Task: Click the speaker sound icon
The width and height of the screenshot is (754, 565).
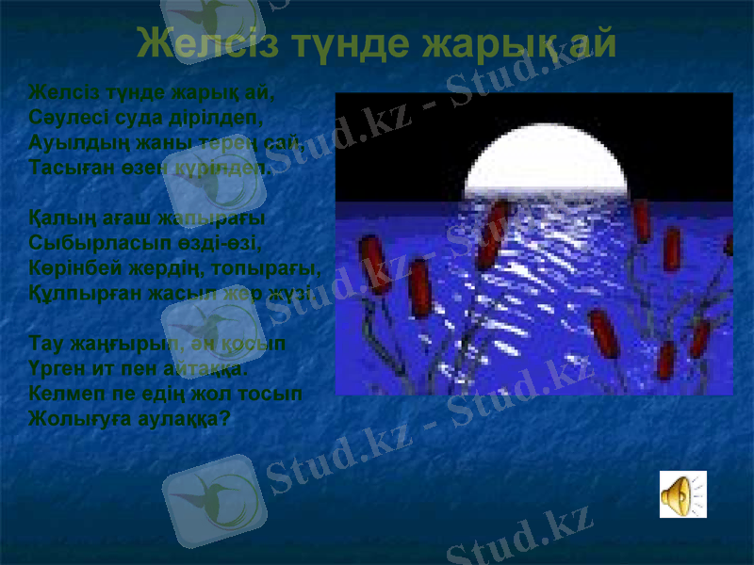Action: point(682,494)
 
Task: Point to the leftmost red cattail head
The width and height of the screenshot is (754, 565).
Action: point(372,265)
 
